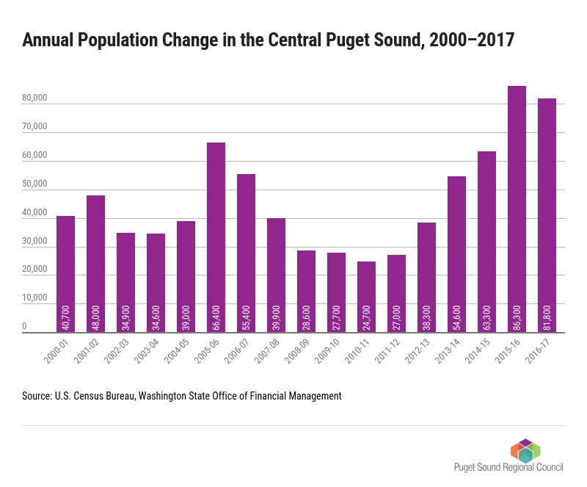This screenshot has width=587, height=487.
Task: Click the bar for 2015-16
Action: (517, 209)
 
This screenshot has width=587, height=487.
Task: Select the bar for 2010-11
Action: (366, 297)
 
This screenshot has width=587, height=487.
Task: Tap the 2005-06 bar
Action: (216, 237)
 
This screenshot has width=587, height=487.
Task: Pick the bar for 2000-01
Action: (65, 274)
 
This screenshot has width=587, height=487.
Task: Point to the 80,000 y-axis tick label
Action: (34, 98)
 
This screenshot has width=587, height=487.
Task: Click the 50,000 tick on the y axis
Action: (34, 184)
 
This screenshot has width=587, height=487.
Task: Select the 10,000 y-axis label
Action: (34, 297)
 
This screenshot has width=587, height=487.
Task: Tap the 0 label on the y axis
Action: (24, 326)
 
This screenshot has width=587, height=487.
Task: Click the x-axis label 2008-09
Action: (297, 351)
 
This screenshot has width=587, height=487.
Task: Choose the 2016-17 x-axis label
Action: (538, 351)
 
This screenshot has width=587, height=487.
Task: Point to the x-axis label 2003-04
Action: (147, 351)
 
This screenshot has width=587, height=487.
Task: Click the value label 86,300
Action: (517, 318)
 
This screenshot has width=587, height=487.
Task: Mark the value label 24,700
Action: (366, 318)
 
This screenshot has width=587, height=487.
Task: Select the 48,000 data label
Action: (96, 318)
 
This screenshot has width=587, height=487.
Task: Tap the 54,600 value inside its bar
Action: (456, 318)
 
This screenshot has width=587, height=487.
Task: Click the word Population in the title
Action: (117, 40)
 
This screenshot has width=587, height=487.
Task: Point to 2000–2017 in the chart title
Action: (472, 40)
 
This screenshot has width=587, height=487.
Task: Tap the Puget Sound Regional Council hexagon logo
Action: (525, 450)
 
